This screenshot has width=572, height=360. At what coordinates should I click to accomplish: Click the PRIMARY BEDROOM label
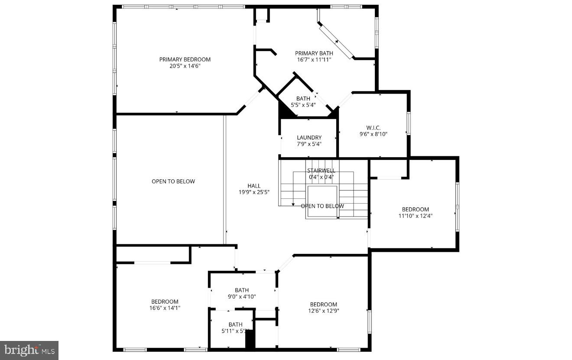(x=185, y=59)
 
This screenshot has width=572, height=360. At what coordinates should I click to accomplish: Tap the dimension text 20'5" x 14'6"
(x=185, y=66)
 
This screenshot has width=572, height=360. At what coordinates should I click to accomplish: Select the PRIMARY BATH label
(x=314, y=53)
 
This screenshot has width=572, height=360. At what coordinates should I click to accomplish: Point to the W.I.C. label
(x=373, y=127)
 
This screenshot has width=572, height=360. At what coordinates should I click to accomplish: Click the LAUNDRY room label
(x=309, y=138)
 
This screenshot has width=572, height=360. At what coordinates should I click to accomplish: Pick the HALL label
(x=254, y=186)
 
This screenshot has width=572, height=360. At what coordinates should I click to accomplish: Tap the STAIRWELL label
(x=321, y=171)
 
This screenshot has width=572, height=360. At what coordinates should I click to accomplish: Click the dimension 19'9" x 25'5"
(x=254, y=192)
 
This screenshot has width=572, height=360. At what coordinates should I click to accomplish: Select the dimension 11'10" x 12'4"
(x=415, y=216)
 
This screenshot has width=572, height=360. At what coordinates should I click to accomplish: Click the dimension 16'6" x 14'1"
(x=165, y=308)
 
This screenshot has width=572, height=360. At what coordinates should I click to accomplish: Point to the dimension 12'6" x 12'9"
(x=323, y=311)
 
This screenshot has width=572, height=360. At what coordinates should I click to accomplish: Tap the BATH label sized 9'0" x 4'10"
(x=242, y=290)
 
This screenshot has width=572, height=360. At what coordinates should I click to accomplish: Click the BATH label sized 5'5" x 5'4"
(x=303, y=98)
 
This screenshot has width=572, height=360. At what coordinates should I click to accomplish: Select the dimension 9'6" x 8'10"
(x=373, y=134)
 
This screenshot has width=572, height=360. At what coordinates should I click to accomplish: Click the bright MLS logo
(x=29, y=350)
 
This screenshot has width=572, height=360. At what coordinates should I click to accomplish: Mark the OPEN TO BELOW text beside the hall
(x=173, y=182)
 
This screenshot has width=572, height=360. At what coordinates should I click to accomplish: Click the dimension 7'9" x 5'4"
(x=309, y=144)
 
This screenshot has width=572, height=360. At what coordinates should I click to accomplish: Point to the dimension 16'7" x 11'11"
(x=314, y=60)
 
